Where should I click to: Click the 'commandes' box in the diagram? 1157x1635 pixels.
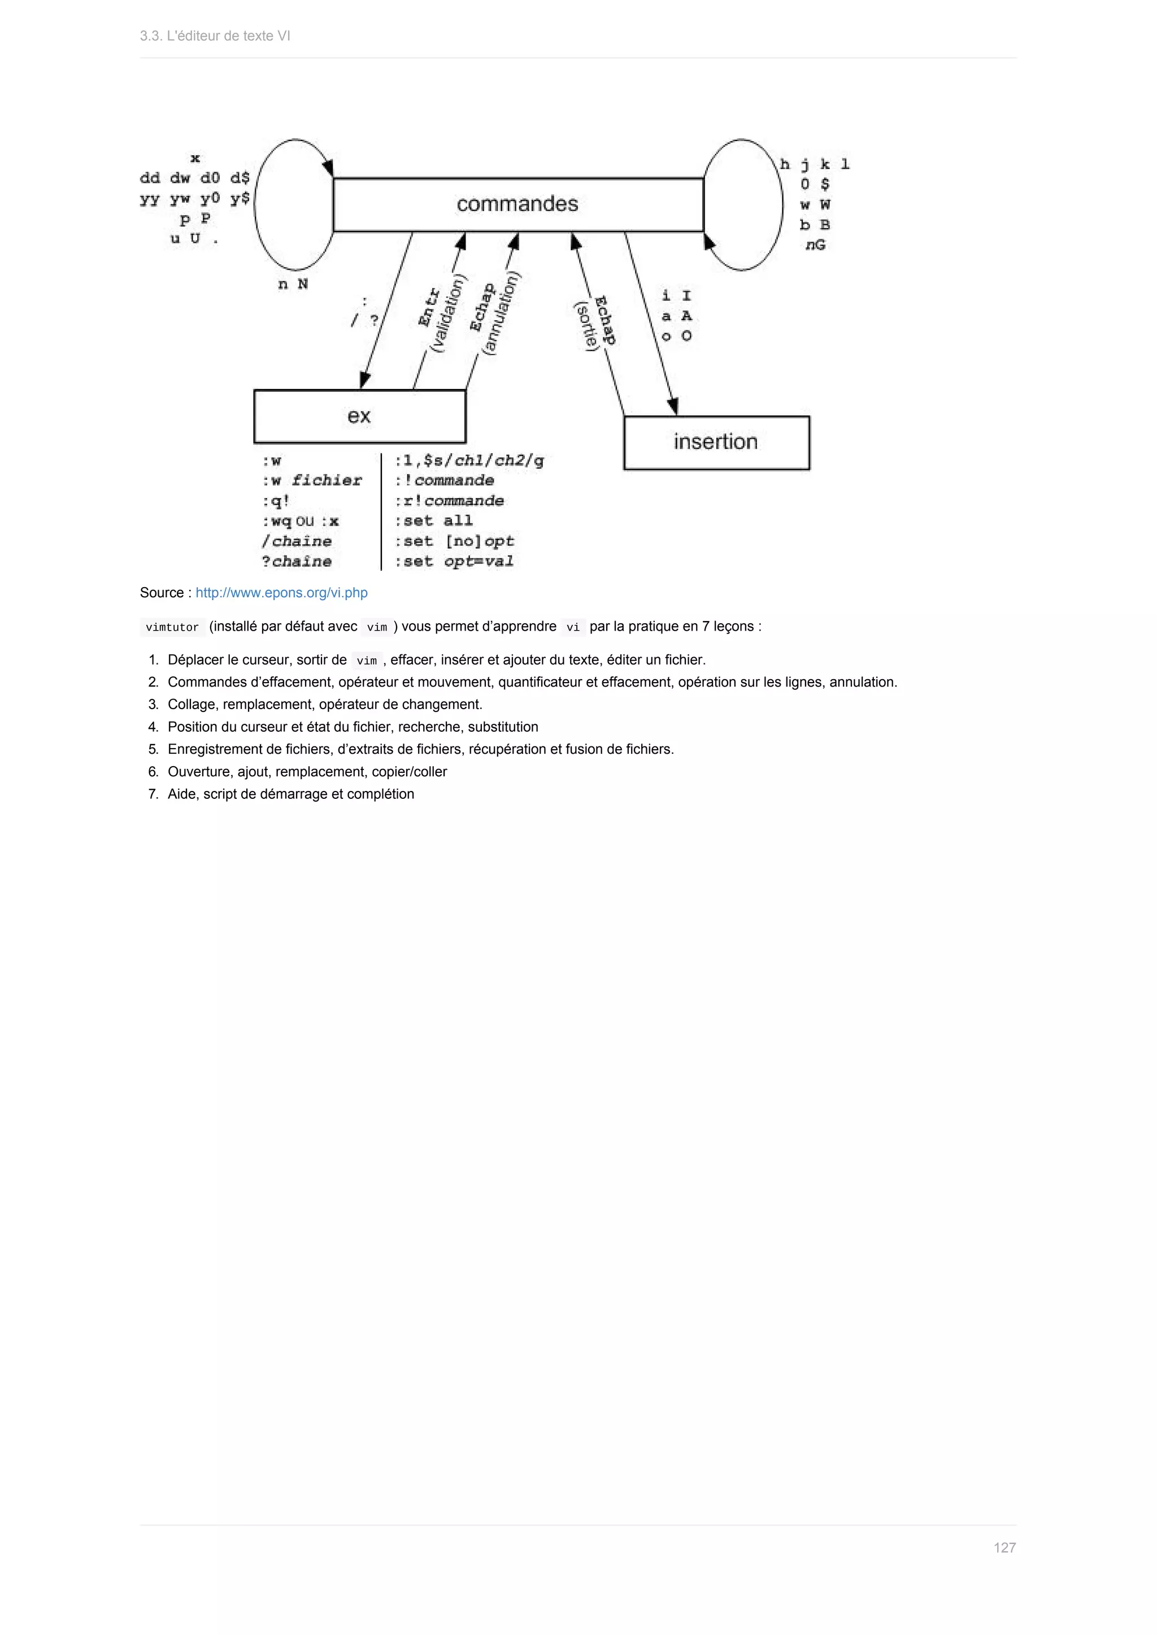pyautogui.click(x=518, y=204)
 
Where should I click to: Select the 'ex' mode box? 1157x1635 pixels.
pyautogui.click(x=359, y=416)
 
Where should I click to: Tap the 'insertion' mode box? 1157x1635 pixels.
pyautogui.click(x=715, y=442)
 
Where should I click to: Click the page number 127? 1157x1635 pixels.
pyautogui.click(x=1004, y=1547)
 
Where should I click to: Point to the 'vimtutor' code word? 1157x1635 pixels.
pyautogui.click(x=172, y=627)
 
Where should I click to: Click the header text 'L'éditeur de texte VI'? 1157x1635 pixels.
pyautogui.click(x=228, y=36)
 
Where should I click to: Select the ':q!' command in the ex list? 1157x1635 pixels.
pyautogui.click(x=276, y=501)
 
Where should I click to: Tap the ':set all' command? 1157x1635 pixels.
pyautogui.click(x=434, y=521)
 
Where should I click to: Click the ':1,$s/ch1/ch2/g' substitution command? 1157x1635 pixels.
pyautogui.click(x=469, y=460)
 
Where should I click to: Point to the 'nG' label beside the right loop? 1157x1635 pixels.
pyautogui.click(x=815, y=245)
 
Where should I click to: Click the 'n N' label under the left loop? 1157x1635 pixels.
pyautogui.click(x=293, y=284)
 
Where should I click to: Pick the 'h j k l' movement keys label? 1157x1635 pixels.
pyautogui.click(x=814, y=164)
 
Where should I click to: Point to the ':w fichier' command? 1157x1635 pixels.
pyautogui.click(x=312, y=480)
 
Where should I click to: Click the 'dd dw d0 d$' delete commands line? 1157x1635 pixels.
pyautogui.click(x=194, y=178)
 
